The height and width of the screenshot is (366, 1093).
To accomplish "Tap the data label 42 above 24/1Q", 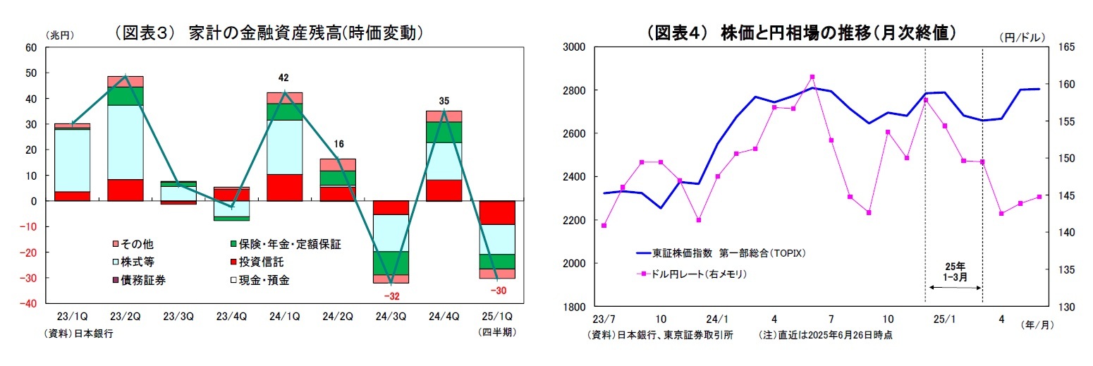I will [283, 78].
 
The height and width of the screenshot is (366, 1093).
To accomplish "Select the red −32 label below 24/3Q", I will [391, 295].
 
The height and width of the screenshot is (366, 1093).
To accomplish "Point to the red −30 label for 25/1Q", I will [498, 290].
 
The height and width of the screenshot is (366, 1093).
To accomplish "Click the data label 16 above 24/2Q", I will [338, 144].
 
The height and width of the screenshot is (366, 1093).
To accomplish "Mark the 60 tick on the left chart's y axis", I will [30, 48].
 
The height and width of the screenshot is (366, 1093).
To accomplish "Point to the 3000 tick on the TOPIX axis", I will [574, 47].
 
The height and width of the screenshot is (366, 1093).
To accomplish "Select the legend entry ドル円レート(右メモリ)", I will [695, 274].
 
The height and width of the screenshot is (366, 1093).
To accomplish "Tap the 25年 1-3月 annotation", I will [953, 271].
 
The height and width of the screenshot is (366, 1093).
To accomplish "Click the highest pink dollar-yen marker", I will [812, 77].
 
